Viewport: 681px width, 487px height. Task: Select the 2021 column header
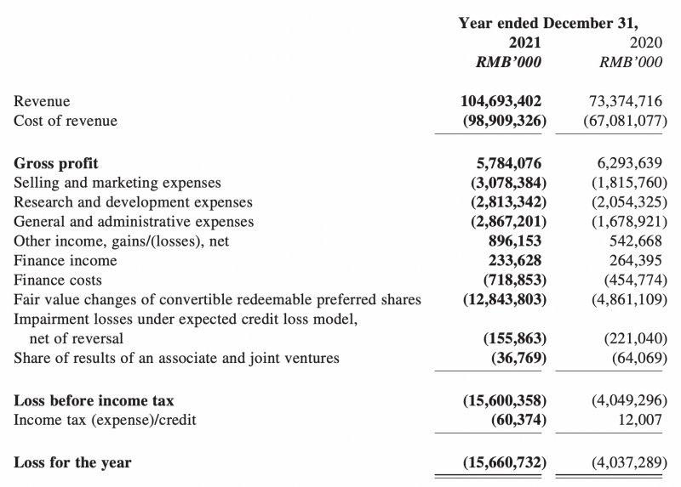click(524, 42)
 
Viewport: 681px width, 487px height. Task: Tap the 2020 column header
click(644, 42)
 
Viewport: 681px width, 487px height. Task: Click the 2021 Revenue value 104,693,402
click(501, 101)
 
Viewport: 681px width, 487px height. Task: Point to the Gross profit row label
click(56, 162)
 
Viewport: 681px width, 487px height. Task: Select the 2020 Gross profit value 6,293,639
click(626, 162)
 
